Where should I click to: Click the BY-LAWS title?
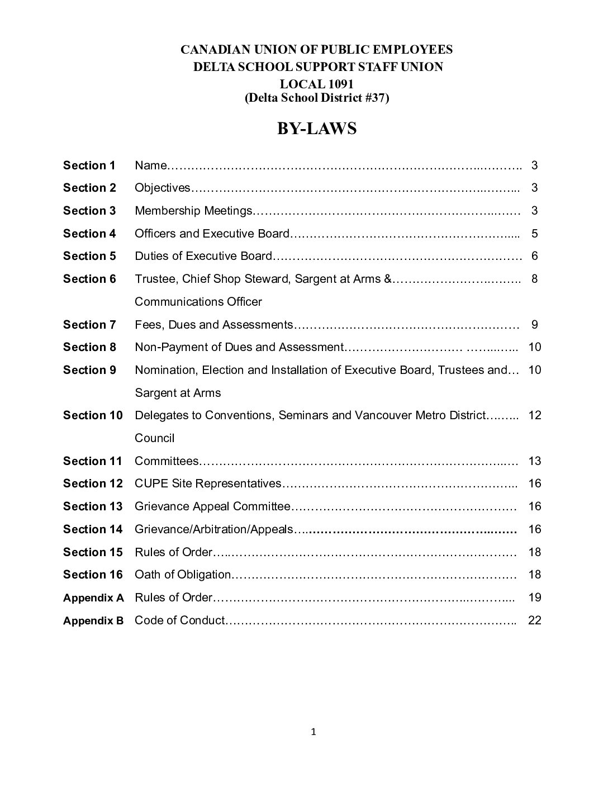click(x=317, y=129)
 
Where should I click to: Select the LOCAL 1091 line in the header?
click(x=317, y=84)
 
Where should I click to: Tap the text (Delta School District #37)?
click(x=317, y=98)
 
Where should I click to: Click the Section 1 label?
click(x=89, y=165)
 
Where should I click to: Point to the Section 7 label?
click(x=89, y=325)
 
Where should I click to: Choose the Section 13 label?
click(x=93, y=506)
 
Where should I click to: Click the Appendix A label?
click(x=93, y=598)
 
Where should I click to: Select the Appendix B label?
click(x=93, y=620)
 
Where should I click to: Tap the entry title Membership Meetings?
click(x=193, y=211)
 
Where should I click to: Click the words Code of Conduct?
click(x=179, y=620)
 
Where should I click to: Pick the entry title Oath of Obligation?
click(x=183, y=575)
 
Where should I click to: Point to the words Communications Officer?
click(x=198, y=302)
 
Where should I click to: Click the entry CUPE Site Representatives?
click(x=208, y=483)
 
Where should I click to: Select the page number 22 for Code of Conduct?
click(x=534, y=620)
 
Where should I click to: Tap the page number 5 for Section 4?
click(x=534, y=234)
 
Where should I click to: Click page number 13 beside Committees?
click(x=534, y=461)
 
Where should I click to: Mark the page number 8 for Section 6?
click(x=534, y=279)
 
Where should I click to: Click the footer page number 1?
click(x=313, y=732)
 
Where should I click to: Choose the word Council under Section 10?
click(x=154, y=438)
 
